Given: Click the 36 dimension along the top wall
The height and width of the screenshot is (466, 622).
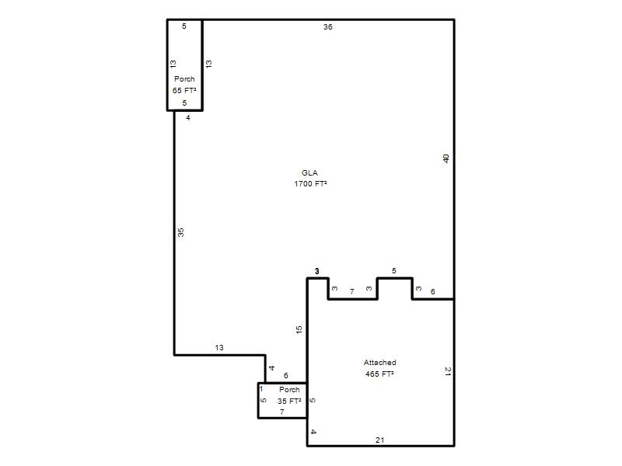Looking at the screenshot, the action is point(327,27).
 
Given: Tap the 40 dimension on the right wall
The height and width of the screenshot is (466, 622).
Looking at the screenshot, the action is point(446,158).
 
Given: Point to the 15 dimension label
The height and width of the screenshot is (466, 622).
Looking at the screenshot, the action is point(299,329).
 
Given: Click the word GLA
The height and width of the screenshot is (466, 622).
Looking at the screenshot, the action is point(309,172).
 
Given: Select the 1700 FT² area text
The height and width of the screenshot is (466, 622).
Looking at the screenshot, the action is point(310,184).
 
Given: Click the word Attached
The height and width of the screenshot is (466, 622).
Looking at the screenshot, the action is point(379,362).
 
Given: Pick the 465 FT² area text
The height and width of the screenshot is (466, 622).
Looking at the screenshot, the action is point(379,374).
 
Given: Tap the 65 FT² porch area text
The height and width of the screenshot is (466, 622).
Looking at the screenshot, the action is point(184,90).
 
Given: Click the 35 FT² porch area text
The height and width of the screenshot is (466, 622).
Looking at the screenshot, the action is point(289,401).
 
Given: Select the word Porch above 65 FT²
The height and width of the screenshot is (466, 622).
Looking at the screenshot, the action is point(184,79).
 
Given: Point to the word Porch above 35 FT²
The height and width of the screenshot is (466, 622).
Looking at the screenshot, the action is point(289,390).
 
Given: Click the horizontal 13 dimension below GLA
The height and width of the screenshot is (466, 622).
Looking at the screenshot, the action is point(219,347).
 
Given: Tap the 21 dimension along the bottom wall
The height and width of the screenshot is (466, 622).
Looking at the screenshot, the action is point(379,440).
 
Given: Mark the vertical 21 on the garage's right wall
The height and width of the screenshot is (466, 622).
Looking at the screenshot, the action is point(448,371).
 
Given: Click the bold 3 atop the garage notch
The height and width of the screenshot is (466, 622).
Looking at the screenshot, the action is point(316,271).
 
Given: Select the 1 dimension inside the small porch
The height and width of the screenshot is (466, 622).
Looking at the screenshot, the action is point(261,389).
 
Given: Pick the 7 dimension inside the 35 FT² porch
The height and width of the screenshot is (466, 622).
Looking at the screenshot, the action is point(282,412).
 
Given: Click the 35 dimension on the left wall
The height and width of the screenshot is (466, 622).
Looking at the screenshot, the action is point(181,232).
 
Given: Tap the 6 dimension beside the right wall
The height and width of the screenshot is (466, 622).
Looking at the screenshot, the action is point(433,292).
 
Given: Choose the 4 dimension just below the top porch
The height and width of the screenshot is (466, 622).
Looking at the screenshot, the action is point(188,118).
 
